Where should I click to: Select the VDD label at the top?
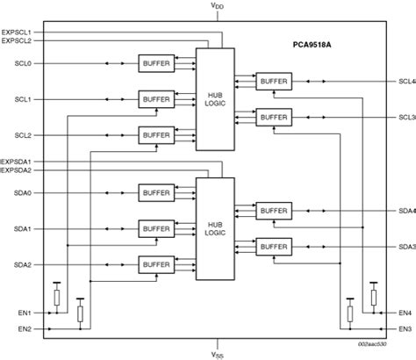click(216, 6)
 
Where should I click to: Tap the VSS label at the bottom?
click(216, 354)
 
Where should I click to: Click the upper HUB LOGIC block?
click(215, 98)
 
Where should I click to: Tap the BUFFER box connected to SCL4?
click(273, 81)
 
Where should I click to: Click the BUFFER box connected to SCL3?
click(273, 117)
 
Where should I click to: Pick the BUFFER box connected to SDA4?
click(273, 211)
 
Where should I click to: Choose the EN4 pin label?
click(405, 313)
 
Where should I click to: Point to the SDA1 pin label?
click(23, 229)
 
